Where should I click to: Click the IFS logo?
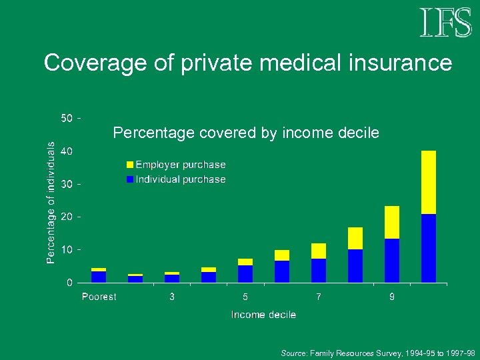445,23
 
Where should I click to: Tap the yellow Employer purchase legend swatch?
130,165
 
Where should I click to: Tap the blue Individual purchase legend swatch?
130,179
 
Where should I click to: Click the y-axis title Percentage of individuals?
51,201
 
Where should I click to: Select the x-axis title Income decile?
263,314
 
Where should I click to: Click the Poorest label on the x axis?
99,297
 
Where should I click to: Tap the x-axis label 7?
319,297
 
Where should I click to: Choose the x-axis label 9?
392,297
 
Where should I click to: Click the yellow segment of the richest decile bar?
429,182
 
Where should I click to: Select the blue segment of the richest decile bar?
429,248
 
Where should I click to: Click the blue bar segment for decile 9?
392,261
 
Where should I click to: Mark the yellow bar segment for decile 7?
319,251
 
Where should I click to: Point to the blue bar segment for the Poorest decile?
99,277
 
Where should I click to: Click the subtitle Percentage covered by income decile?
246,133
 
